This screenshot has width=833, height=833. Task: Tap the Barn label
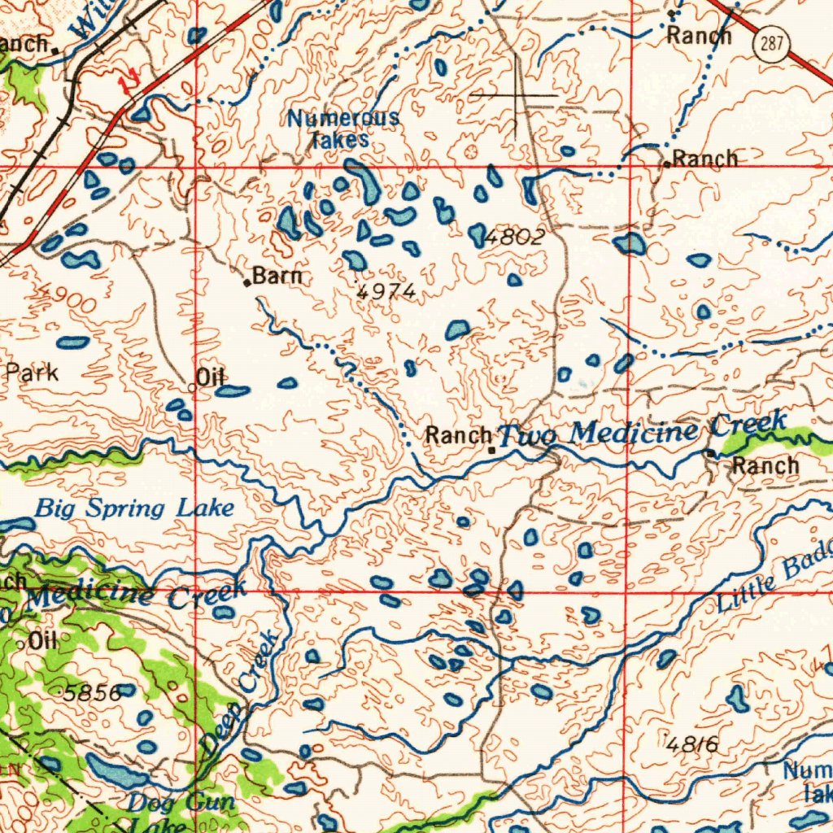[x=277, y=277]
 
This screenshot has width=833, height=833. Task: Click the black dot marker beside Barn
[x=247, y=283]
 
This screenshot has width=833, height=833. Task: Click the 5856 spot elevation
[x=93, y=693]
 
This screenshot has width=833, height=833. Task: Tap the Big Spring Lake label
[x=134, y=510]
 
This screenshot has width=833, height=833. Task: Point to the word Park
[x=33, y=373]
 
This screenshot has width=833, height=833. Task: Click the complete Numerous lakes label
[x=342, y=129]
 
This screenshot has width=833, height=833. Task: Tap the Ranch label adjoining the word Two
[x=459, y=436]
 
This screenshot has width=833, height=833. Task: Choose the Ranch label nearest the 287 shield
[x=699, y=35]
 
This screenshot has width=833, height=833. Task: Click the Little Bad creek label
[x=774, y=582]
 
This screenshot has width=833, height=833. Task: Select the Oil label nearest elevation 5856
[x=41, y=641]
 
